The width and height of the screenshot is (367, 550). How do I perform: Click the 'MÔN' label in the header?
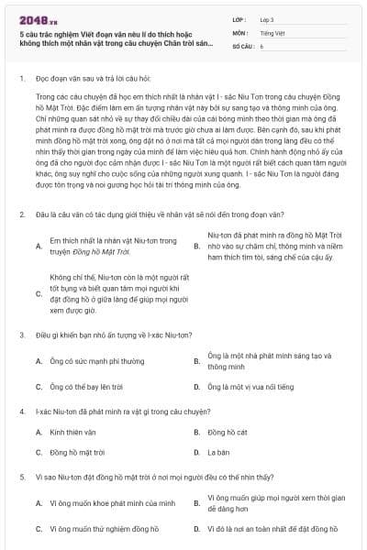pyautogui.click(x=240, y=31)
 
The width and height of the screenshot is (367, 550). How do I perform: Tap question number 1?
pyautogui.click(x=21, y=79)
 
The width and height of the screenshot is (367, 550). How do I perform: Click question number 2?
pyautogui.click(x=21, y=214)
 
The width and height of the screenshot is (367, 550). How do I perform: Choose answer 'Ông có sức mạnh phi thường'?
pyautogui.click(x=91, y=361)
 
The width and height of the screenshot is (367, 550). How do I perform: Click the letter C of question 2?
pyautogui.click(x=39, y=294)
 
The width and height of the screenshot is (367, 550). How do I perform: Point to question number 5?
pyautogui.click(x=21, y=477)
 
